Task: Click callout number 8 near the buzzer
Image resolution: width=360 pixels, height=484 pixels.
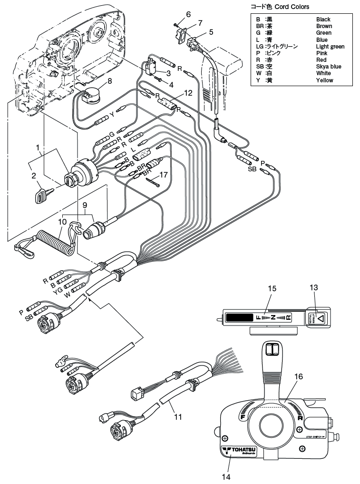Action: pos(110,80)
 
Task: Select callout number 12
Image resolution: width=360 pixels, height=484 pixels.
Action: pos(188,93)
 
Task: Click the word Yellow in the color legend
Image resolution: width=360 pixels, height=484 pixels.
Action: pos(325,80)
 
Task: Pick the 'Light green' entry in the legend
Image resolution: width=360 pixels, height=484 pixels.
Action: pos(331,47)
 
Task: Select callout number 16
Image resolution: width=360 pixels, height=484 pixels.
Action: pos(298,376)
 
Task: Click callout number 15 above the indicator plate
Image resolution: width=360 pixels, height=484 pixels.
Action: pos(272,289)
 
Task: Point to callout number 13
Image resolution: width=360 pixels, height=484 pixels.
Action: pos(313,287)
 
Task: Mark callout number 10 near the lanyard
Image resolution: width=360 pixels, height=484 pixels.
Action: pos(63,222)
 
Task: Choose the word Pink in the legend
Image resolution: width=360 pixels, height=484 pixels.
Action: pos(321,53)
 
